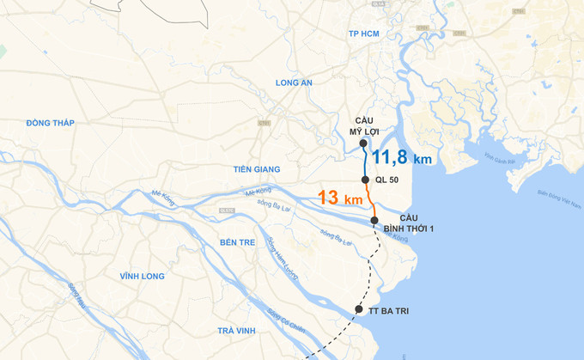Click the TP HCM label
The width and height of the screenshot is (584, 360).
coord(364,34)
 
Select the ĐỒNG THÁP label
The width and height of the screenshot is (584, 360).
coord(51,124)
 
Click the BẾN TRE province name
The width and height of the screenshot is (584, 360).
coord(238,242)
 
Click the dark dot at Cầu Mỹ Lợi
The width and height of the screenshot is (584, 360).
coord(364,143)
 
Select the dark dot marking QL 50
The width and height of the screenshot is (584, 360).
coord(366,180)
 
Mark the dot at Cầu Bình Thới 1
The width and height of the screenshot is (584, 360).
coord(374,221)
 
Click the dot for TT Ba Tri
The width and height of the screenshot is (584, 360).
coord(359,308)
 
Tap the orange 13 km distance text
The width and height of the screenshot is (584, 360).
coord(338,198)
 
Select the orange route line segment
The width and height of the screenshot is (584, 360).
coord(371,201)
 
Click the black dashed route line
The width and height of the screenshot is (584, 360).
coord(373,266)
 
